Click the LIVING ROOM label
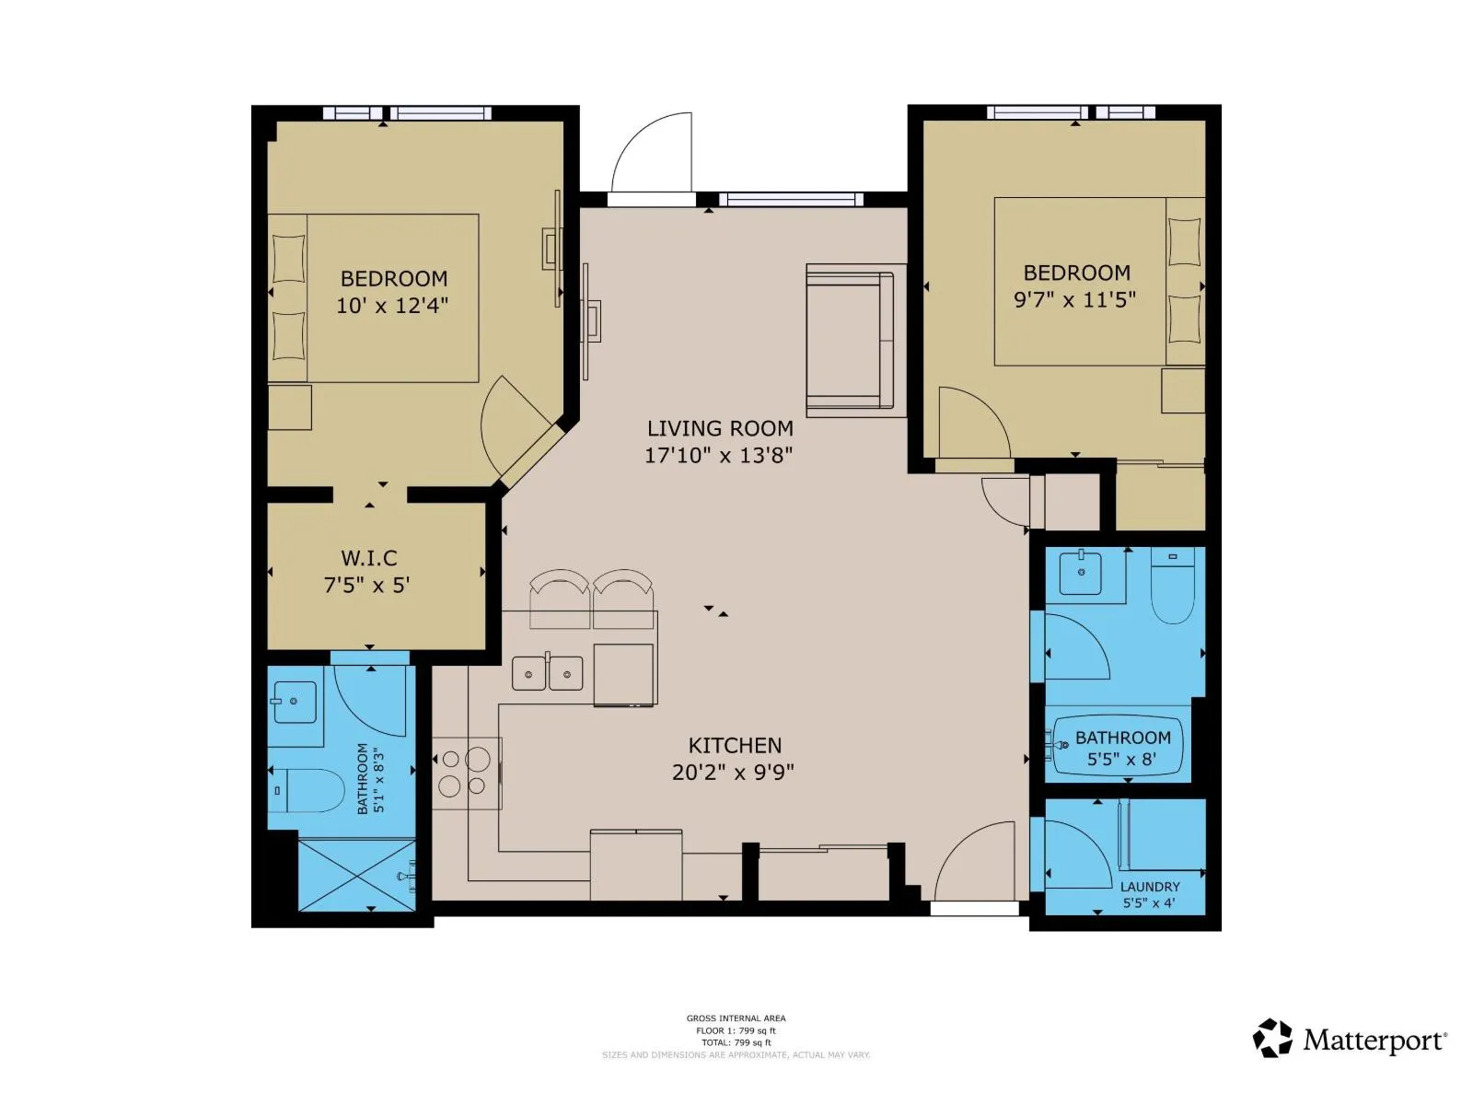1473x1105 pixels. pyautogui.click(x=719, y=428)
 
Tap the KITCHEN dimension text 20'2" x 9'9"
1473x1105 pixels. pyautogui.click(x=733, y=773)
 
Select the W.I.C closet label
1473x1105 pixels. pyautogui.click(x=368, y=557)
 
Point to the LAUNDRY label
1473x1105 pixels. pyautogui.click(x=1150, y=886)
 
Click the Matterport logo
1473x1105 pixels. pyautogui.click(x=1350, y=1040)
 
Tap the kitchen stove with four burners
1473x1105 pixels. pyautogui.click(x=467, y=773)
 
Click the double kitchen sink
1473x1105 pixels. pyautogui.click(x=547, y=673)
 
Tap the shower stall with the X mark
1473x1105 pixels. pyautogui.click(x=356, y=876)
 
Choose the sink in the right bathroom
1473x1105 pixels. pyautogui.click(x=1080, y=572)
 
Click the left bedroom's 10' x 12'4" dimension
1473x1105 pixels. pyautogui.click(x=392, y=306)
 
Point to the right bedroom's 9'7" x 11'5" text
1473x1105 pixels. pyautogui.click(x=1074, y=299)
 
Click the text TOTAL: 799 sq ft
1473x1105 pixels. pyautogui.click(x=736, y=1042)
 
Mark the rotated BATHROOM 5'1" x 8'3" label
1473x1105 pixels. pyautogui.click(x=371, y=778)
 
